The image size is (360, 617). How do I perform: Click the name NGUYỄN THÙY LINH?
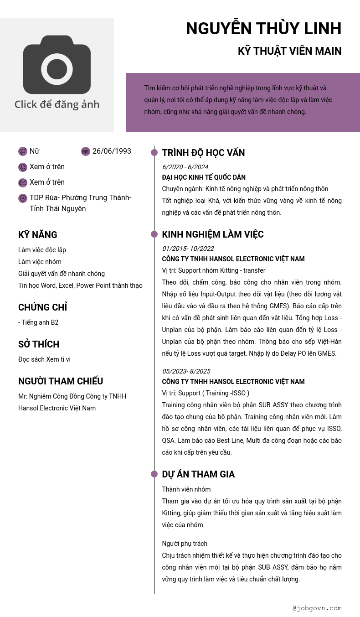(263, 29)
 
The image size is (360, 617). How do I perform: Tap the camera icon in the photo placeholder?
(57, 65)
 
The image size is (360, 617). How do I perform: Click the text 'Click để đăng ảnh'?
(57, 104)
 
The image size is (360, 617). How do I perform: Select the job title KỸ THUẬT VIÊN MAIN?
(289, 51)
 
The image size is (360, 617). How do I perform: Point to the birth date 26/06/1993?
(112, 151)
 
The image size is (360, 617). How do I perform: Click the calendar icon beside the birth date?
(86, 151)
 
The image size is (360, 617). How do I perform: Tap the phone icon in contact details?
(23, 167)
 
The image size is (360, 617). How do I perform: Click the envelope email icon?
(23, 183)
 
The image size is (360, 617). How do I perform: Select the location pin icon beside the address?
(23, 198)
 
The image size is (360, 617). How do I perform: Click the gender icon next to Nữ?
(23, 151)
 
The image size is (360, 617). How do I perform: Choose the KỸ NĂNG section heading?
(38, 235)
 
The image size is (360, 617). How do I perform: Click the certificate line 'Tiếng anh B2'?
(39, 322)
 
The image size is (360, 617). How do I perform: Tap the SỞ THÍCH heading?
(39, 344)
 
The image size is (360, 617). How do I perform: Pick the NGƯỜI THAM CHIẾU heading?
(61, 381)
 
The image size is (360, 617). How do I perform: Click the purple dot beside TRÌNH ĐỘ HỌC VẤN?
(154, 152)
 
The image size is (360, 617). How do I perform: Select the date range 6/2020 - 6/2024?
(185, 167)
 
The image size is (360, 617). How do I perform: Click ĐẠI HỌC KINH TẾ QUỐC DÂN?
(204, 177)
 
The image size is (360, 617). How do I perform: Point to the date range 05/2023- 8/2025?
(186, 371)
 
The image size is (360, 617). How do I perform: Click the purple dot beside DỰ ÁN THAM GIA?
(154, 474)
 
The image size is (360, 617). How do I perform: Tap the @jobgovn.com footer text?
(317, 608)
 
